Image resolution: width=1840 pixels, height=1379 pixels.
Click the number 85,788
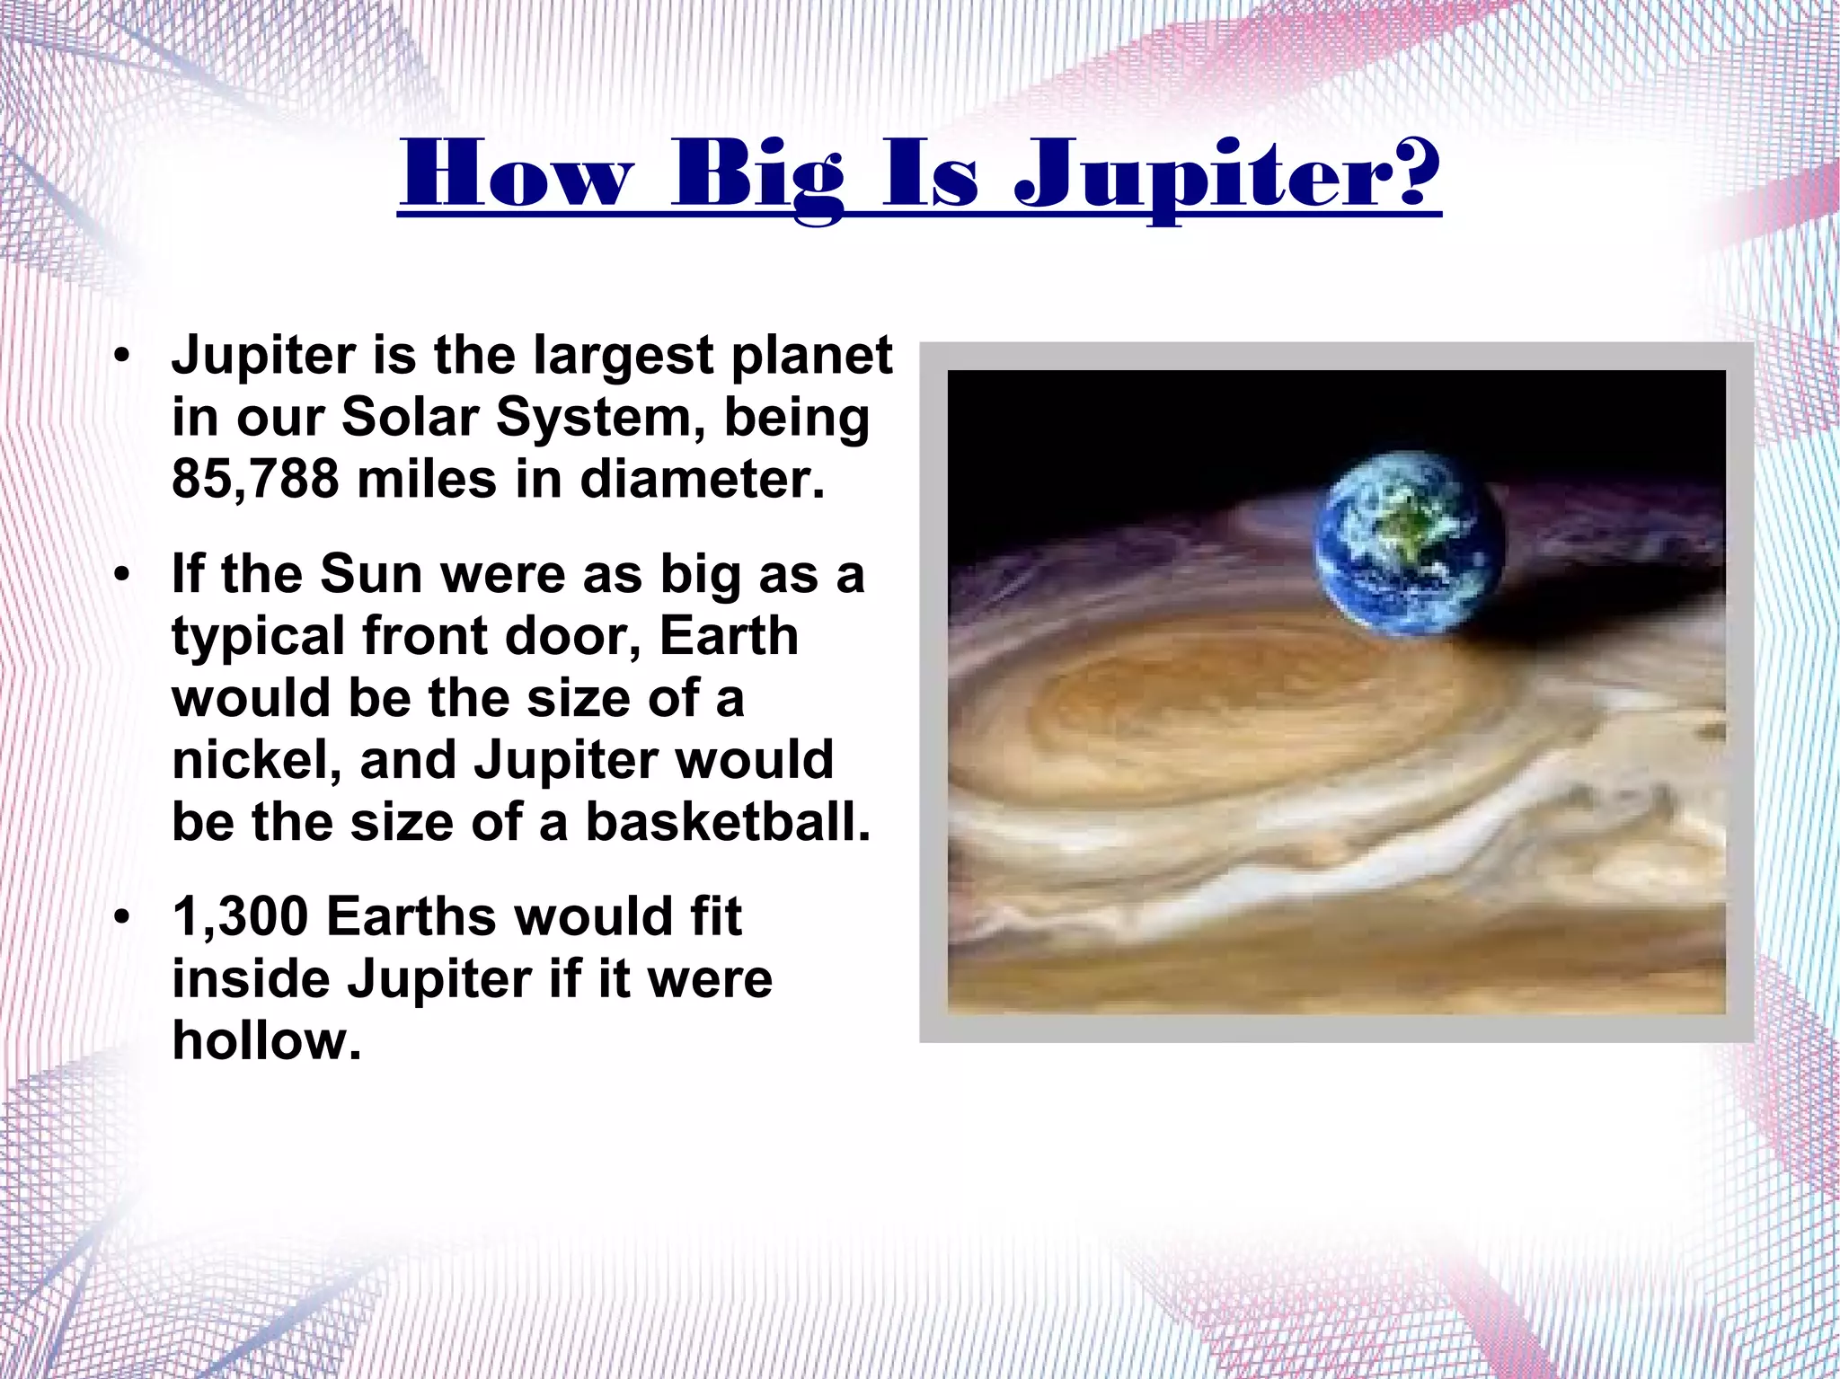click(x=255, y=479)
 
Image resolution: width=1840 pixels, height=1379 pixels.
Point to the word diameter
click(x=702, y=479)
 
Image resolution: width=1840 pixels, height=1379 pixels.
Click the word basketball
click(x=728, y=822)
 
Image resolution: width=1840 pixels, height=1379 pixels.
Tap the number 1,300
click(x=241, y=917)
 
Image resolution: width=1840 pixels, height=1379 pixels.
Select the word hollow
click(x=267, y=1041)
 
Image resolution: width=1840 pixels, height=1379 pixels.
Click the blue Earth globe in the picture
click(x=1407, y=543)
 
